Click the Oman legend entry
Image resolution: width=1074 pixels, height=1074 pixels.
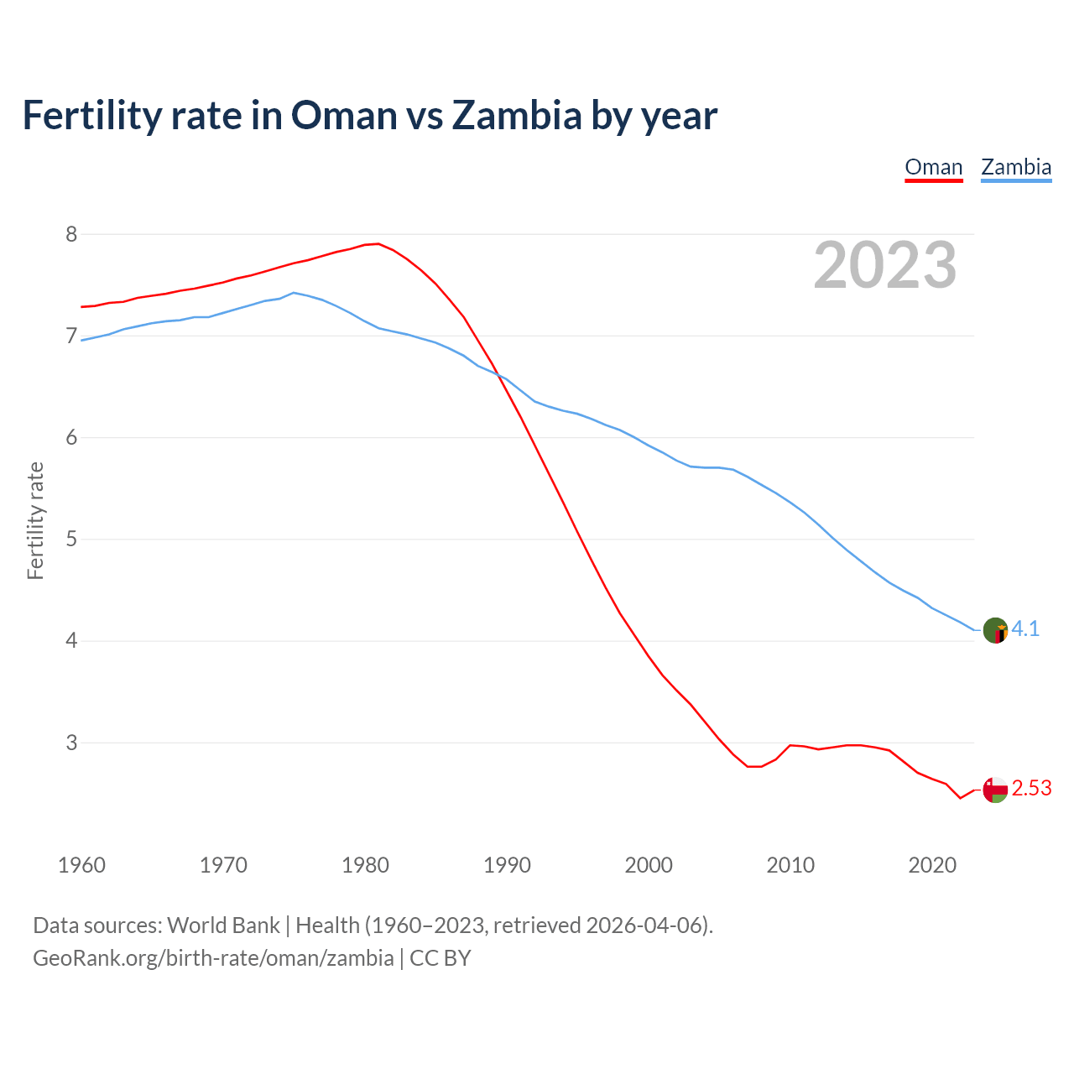pos(933,167)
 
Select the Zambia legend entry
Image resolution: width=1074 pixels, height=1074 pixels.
pos(1016,167)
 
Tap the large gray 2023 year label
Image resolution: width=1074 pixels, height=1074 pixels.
pos(885,265)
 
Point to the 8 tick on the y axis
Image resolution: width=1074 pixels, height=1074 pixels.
pos(71,234)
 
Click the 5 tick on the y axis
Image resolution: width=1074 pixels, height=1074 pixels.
pos(71,539)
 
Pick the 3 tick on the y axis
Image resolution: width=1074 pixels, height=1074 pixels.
pos(71,743)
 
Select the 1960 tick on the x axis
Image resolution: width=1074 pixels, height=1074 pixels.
pos(81,865)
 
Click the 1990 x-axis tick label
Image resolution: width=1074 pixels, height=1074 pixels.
pos(507,865)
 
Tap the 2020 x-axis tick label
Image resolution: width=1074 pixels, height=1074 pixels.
pos(932,865)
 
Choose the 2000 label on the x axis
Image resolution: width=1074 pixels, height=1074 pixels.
pos(649,865)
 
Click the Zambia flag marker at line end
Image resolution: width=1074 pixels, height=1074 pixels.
pos(995,630)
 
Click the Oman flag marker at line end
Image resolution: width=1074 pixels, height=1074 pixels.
pos(995,790)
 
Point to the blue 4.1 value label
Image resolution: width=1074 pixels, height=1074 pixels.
pos(1025,628)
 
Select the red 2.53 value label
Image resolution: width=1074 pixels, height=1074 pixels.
pos(1031,789)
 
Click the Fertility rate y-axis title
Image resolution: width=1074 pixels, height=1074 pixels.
pos(35,520)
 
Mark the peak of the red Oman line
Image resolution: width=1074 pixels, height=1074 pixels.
pos(378,243)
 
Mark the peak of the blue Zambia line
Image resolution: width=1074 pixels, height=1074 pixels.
pos(293,293)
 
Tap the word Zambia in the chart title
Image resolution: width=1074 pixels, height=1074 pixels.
pos(516,115)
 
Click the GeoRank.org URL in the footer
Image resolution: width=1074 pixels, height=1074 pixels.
pos(213,957)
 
